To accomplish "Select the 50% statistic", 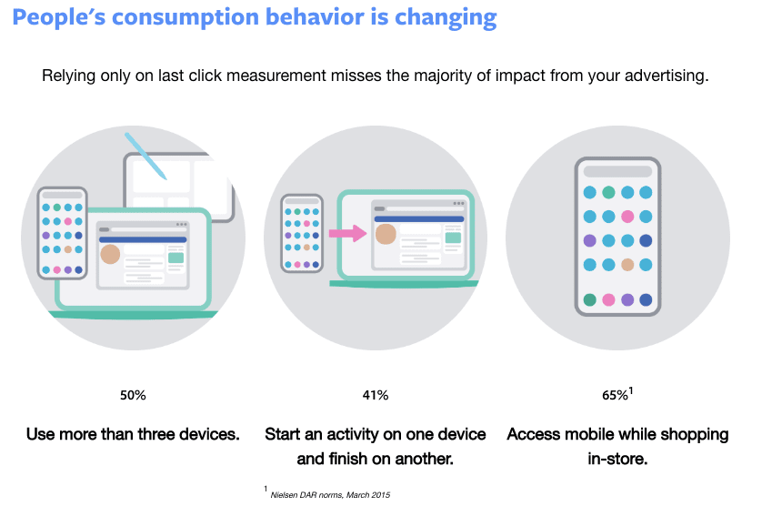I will tap(133, 395).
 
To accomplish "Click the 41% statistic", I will tap(375, 395).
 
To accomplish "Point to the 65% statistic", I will tap(615, 395).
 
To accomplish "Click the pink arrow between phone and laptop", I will tap(346, 234).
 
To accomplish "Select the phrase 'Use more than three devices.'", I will tap(133, 434).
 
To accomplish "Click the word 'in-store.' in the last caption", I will tap(617, 459).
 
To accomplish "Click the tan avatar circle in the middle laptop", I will tap(386, 234).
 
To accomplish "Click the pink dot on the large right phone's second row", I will tap(627, 217).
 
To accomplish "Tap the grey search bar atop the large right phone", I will tap(617, 171).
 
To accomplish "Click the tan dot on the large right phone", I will tap(627, 265).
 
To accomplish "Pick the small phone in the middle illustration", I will tap(302, 232).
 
